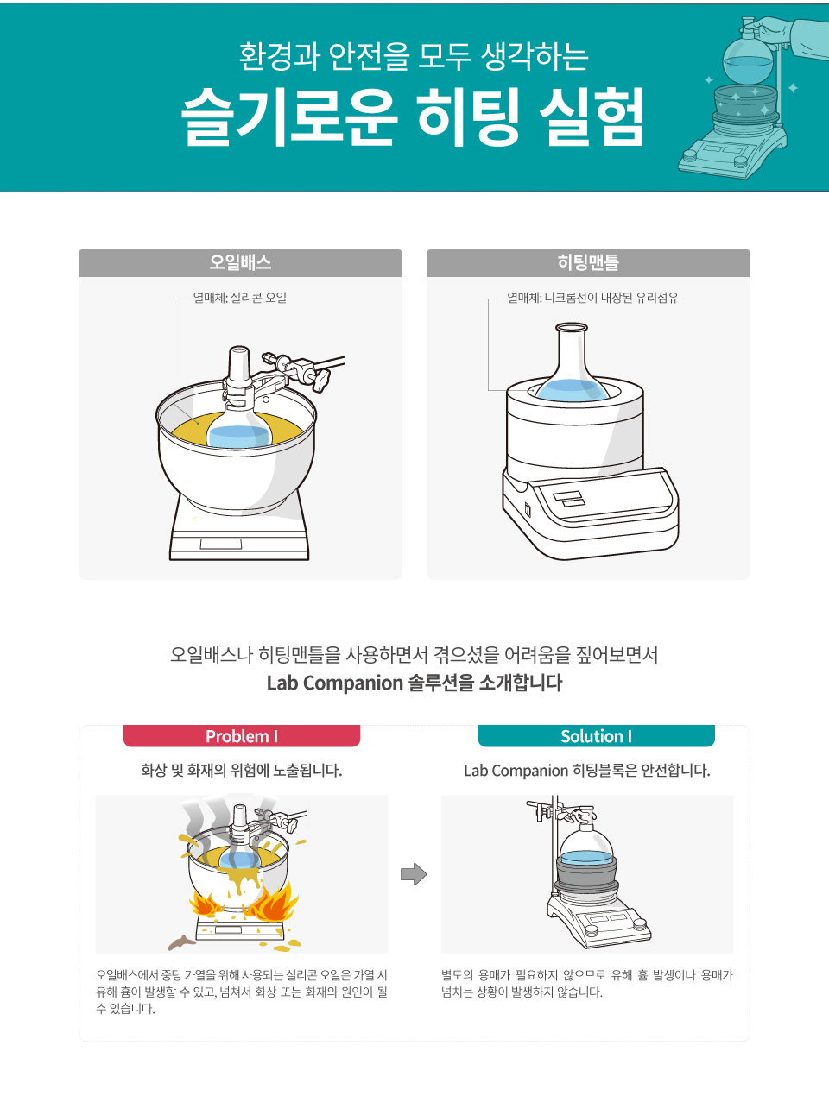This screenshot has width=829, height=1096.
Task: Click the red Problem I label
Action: click(x=242, y=736)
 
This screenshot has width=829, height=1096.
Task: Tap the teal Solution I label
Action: click(x=597, y=736)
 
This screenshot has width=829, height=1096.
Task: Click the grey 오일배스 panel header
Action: click(x=240, y=262)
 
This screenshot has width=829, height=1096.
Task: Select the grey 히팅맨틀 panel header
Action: click(x=588, y=262)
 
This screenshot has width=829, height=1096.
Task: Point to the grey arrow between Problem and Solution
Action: click(x=414, y=874)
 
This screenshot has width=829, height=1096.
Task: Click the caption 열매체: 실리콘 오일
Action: click(x=240, y=298)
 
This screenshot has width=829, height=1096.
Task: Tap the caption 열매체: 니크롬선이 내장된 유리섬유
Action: click(x=592, y=298)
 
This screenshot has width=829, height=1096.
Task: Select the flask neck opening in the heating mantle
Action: click(x=572, y=328)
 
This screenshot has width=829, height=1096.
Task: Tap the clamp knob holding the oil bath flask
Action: click(x=322, y=381)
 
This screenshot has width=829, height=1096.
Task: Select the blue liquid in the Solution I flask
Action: click(x=587, y=858)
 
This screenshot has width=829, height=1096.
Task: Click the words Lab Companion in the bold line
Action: click(x=334, y=683)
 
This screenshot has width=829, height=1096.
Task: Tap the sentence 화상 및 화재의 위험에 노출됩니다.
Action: click(x=241, y=770)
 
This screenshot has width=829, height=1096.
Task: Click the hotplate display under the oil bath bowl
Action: click(x=221, y=544)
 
